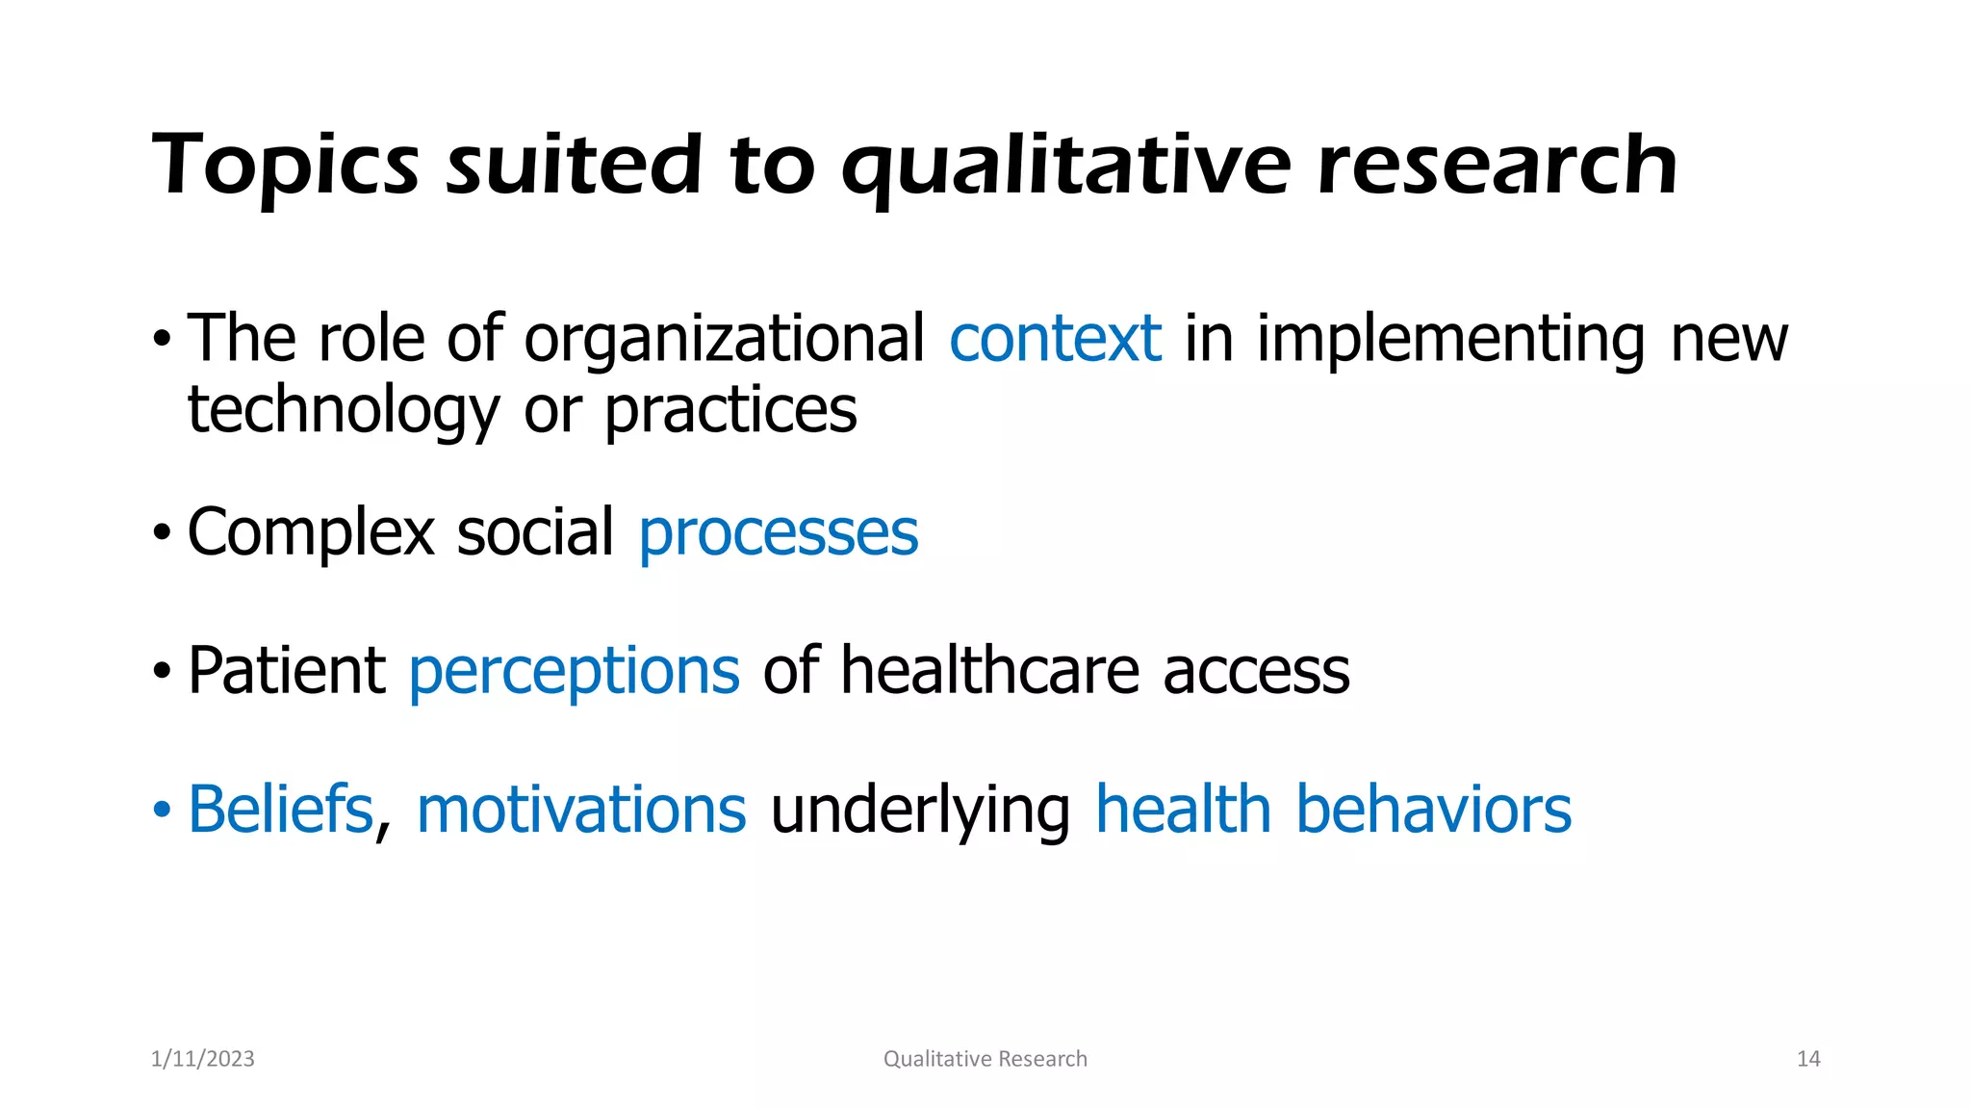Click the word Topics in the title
pyautogui.click(x=286, y=166)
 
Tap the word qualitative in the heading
pyautogui.click(x=1065, y=166)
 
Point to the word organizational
pyautogui.click(x=724, y=341)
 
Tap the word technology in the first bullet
pyautogui.click(x=343, y=412)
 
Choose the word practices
pyautogui.click(x=730, y=412)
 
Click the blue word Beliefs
pyautogui.click(x=280, y=810)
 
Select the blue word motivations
pyautogui.click(x=581, y=810)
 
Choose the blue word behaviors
pyautogui.click(x=1433, y=810)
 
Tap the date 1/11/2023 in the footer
pyautogui.click(x=203, y=1059)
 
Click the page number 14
pyautogui.click(x=1808, y=1059)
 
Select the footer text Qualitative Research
pyautogui.click(x=985, y=1059)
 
